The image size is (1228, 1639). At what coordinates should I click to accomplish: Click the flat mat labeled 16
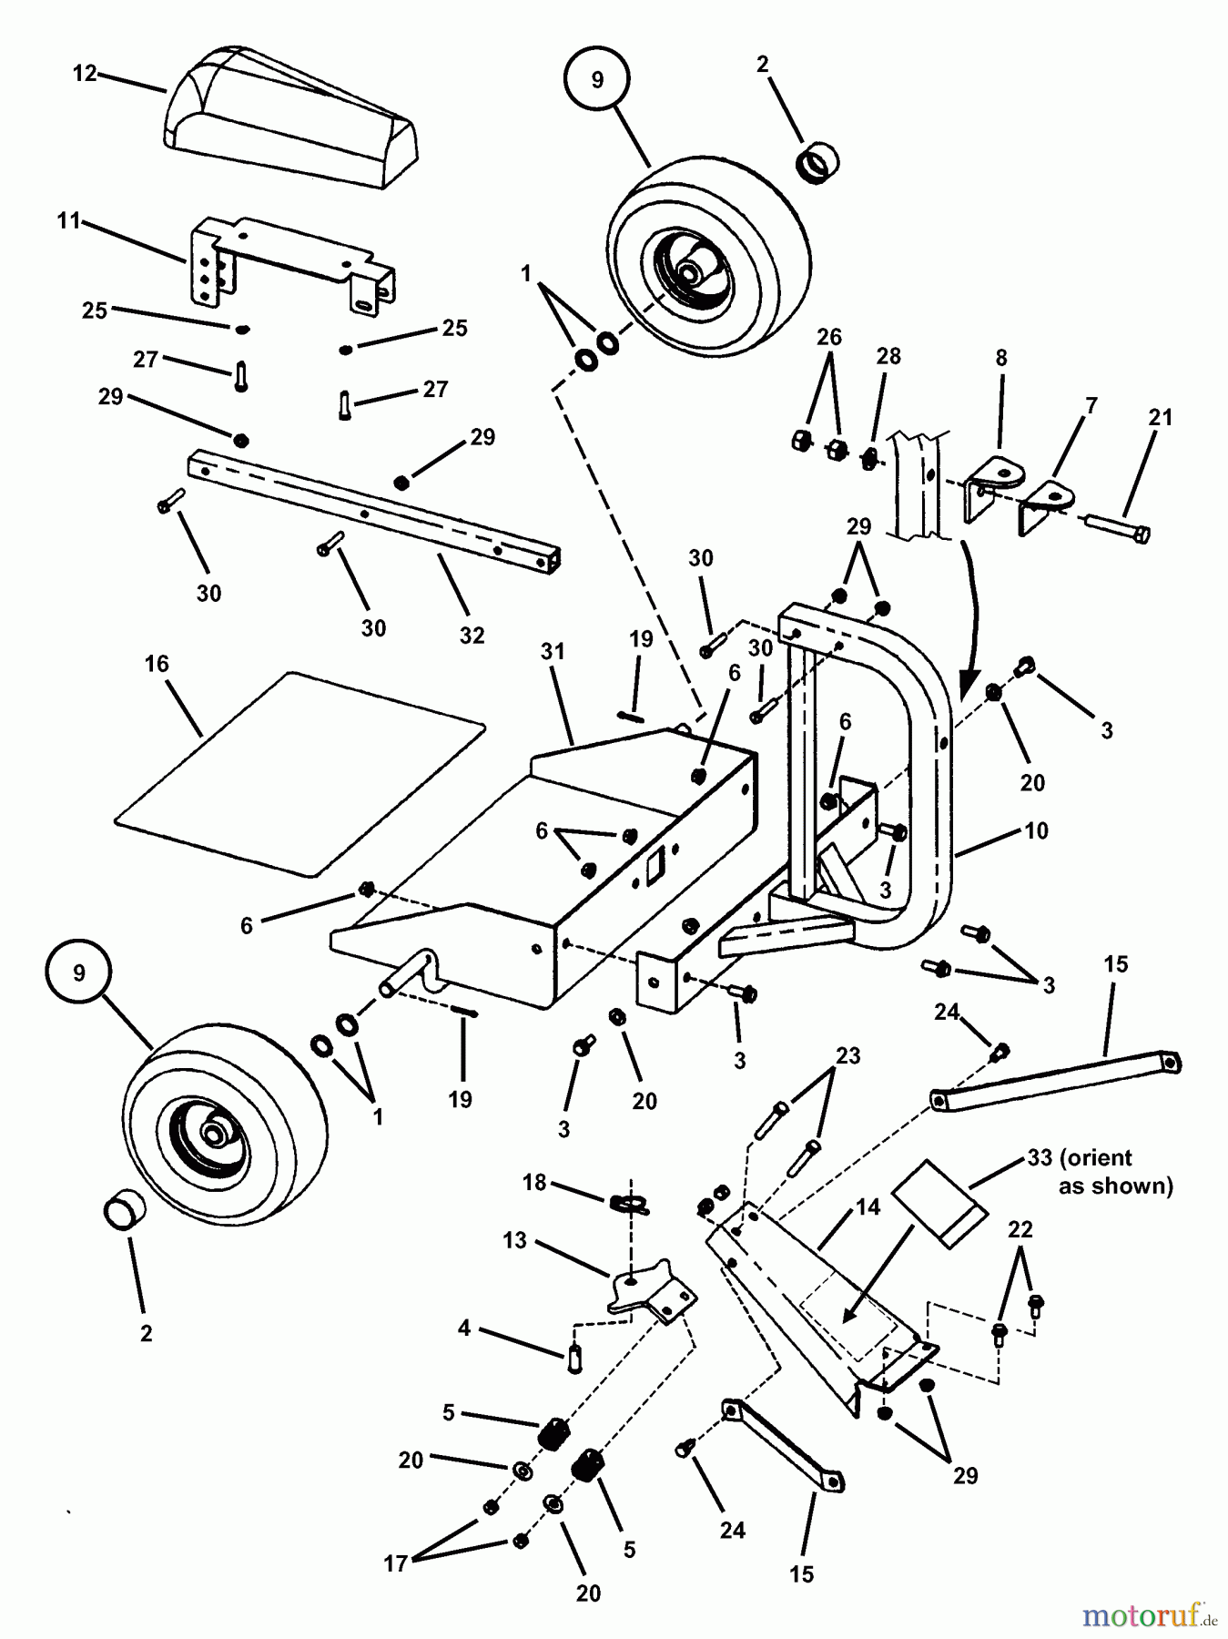click(x=300, y=774)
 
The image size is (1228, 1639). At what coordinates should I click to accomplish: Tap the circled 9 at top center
click(x=596, y=80)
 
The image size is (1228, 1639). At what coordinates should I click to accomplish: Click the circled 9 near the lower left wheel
click(x=79, y=972)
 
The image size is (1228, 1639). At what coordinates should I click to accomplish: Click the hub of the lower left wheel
click(x=216, y=1135)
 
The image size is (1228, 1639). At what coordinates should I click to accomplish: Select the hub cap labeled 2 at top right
click(x=817, y=164)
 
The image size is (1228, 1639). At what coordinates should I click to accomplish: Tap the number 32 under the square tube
click(x=472, y=635)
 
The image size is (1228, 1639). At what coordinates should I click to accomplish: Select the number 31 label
click(x=553, y=652)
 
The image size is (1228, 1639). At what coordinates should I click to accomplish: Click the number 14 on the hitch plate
click(x=868, y=1207)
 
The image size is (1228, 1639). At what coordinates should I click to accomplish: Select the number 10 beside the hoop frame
click(x=1036, y=830)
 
